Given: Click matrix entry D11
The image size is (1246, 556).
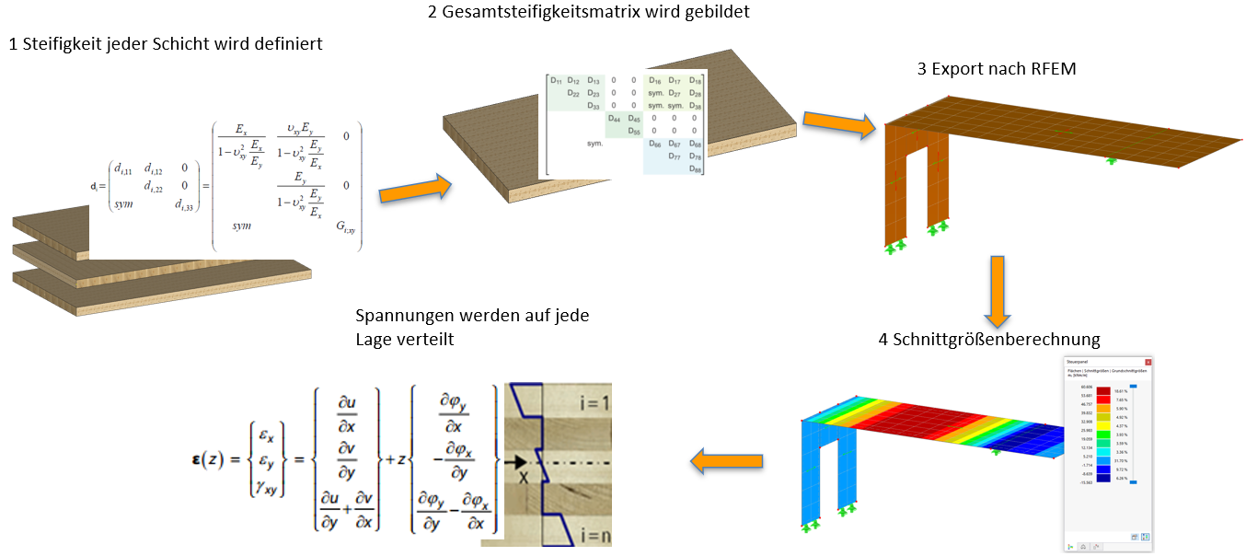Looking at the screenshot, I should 556,81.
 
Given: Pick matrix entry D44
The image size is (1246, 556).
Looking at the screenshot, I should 614,119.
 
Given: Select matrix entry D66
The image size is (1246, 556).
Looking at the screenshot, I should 654,145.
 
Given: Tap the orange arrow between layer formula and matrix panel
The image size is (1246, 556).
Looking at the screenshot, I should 414,190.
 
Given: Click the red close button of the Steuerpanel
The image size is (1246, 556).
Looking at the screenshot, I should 1148,363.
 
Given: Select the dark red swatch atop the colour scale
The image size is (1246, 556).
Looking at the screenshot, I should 1102,391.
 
